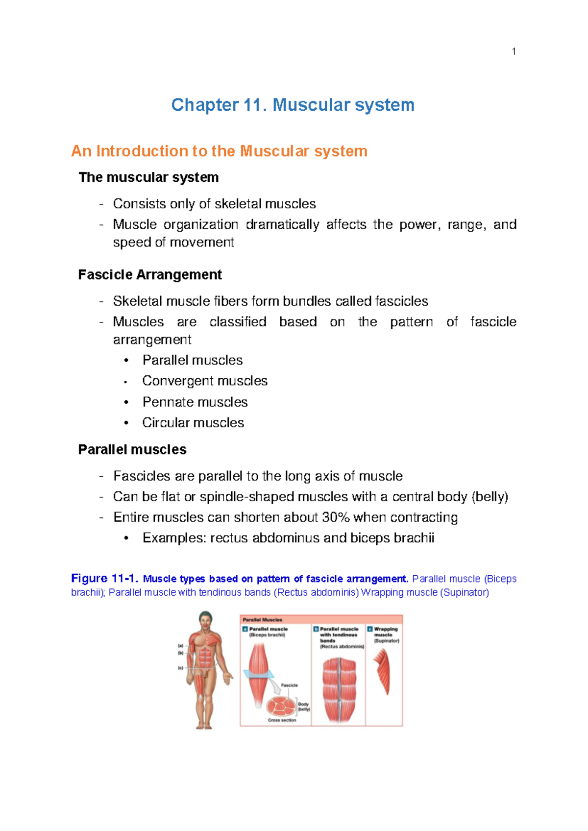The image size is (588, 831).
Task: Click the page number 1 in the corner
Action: coord(514,51)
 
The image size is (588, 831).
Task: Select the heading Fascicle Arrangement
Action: coord(150,274)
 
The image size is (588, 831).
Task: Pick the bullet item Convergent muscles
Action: coord(205,381)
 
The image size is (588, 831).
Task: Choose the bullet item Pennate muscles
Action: coord(195,402)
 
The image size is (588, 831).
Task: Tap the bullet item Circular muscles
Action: coord(193,422)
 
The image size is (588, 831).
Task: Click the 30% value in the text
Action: coord(336,517)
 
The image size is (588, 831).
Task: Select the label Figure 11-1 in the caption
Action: coord(104,579)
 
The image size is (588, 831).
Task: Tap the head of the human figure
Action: coord(205,618)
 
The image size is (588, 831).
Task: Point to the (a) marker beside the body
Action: coord(180,646)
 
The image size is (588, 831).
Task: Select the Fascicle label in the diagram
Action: coord(289,685)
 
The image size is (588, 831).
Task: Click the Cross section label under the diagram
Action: coord(282,720)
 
